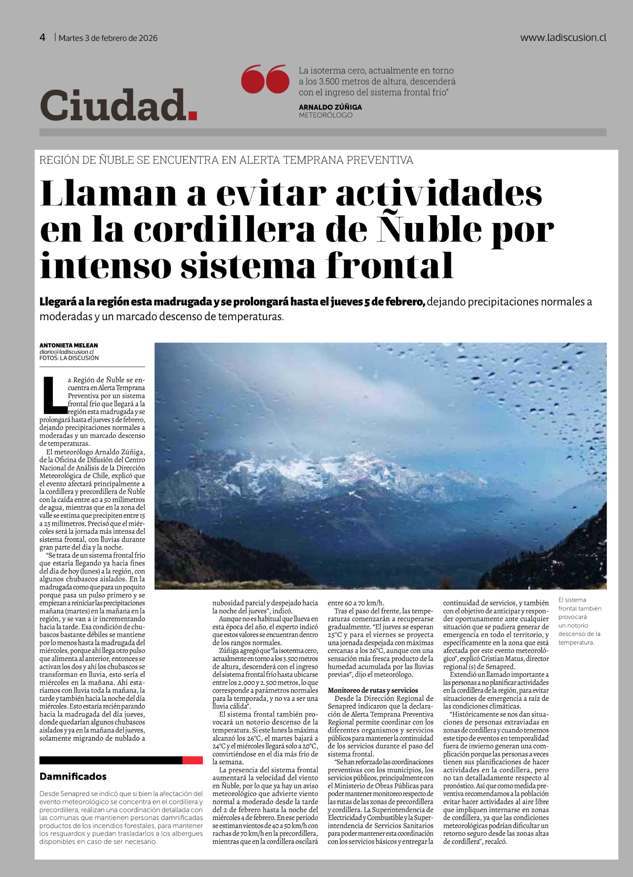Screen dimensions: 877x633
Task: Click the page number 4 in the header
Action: coord(43,38)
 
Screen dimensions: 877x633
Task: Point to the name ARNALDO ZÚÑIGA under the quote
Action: coord(330,107)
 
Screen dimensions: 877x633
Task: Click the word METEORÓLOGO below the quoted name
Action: coord(325,115)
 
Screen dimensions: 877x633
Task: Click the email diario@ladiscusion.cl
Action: coord(66,352)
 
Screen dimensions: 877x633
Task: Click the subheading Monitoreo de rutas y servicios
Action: coord(372,690)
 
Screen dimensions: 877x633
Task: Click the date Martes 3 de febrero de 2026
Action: coord(108,38)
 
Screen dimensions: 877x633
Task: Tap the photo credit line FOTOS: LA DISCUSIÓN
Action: coord(69,358)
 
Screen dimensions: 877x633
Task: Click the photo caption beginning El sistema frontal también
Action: coord(579,621)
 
